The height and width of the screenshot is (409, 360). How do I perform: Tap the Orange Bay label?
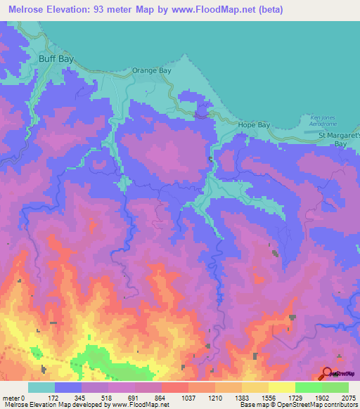(x=152, y=71)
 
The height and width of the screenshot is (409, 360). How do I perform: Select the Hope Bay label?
(x=254, y=125)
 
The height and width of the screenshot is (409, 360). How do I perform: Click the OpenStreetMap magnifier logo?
(x=327, y=372)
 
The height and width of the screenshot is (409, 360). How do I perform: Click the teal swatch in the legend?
(x=41, y=388)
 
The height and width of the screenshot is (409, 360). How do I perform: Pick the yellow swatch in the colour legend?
(x=281, y=388)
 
